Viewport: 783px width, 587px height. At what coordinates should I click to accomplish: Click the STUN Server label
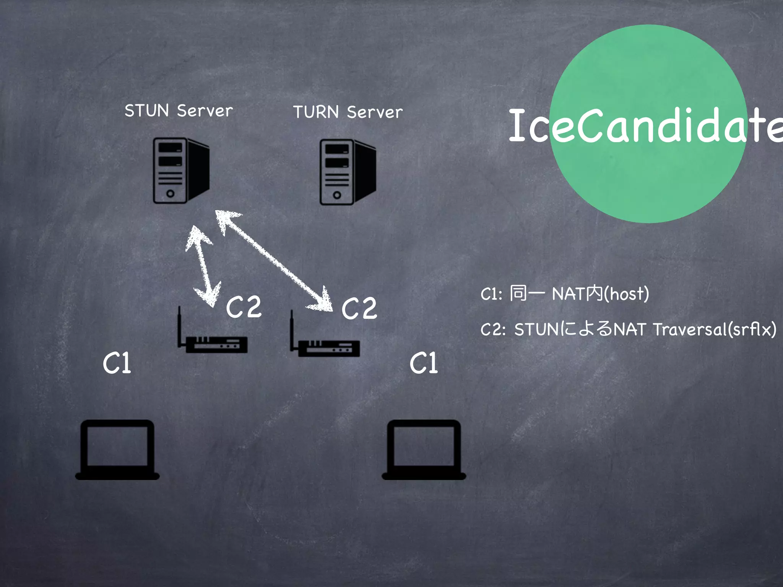[179, 111]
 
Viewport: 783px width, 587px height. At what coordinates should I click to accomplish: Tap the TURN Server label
[348, 112]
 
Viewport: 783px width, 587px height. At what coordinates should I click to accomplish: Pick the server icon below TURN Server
[347, 172]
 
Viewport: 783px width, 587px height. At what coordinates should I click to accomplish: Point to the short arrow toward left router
[203, 266]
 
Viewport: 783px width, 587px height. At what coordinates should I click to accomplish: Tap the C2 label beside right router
[359, 308]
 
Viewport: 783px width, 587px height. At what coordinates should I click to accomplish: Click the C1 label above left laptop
[117, 363]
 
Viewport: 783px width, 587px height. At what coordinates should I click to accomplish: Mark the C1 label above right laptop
[424, 363]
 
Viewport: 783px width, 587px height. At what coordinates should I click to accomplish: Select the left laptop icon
[117, 449]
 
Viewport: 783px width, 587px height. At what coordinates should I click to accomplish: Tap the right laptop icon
[424, 449]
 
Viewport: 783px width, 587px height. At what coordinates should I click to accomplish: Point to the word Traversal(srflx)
[714, 329]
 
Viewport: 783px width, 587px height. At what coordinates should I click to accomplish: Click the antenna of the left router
[179, 325]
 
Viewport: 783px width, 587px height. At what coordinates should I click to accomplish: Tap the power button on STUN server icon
[171, 194]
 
